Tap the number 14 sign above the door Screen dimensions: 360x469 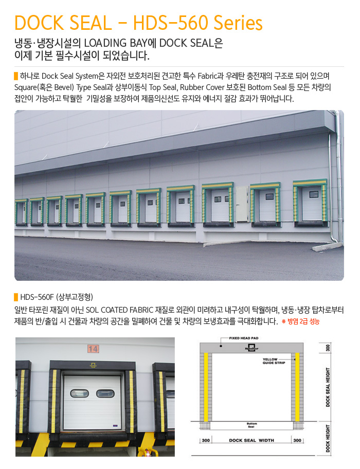93,349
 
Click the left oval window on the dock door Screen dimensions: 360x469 79,393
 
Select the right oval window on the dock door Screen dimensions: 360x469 105,393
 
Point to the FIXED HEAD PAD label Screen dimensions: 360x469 244,338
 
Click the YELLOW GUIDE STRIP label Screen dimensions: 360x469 274,361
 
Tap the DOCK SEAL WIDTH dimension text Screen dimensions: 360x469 251,440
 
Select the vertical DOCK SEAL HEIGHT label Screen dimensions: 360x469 328,387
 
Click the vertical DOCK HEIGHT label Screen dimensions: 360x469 328,438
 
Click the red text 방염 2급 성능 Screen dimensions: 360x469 303,321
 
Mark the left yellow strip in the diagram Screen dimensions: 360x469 206,387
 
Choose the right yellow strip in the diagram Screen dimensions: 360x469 297,387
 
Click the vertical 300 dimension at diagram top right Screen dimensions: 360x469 328,348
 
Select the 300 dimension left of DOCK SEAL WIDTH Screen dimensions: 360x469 206,440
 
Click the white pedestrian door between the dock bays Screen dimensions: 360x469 242,204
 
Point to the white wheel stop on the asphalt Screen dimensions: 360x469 327,247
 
